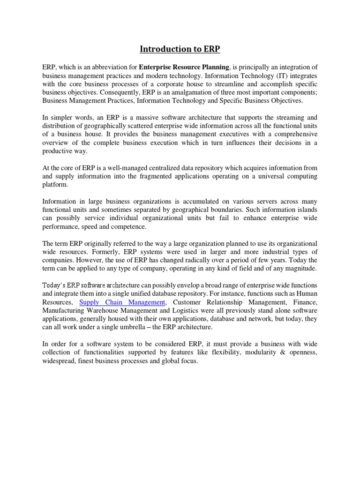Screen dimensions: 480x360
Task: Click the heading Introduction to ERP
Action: tap(180, 48)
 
